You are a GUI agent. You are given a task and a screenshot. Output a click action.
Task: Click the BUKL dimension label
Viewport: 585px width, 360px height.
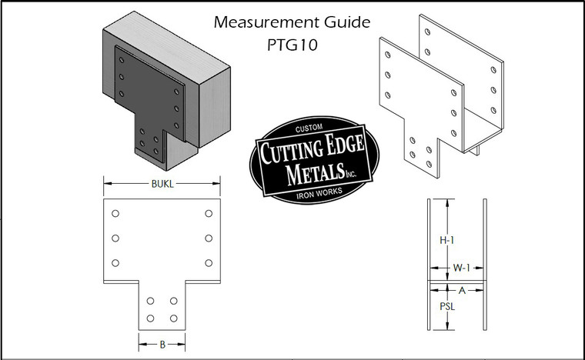pos(162,183)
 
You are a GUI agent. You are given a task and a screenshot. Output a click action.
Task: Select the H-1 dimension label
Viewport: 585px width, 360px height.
pos(446,240)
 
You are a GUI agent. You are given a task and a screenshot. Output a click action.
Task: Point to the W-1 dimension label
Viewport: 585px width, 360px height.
pos(460,268)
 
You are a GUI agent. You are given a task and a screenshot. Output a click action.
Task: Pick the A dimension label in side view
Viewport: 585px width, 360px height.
pos(460,291)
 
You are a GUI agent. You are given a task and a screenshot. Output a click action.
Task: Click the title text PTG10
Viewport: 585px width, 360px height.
pos(292,44)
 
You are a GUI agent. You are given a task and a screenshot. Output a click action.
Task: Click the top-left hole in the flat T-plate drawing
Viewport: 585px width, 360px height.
pos(115,213)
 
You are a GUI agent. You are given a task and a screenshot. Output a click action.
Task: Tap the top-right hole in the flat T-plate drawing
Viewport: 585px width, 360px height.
pos(209,213)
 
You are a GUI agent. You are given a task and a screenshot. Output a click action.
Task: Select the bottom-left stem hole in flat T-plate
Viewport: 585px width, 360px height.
pos(150,318)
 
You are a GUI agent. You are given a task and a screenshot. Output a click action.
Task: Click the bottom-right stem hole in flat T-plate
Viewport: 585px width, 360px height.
pos(174,318)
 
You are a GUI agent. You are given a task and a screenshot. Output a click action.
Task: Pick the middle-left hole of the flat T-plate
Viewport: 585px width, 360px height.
pos(115,238)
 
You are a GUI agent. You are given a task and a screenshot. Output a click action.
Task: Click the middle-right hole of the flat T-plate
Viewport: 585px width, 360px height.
pos(209,238)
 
